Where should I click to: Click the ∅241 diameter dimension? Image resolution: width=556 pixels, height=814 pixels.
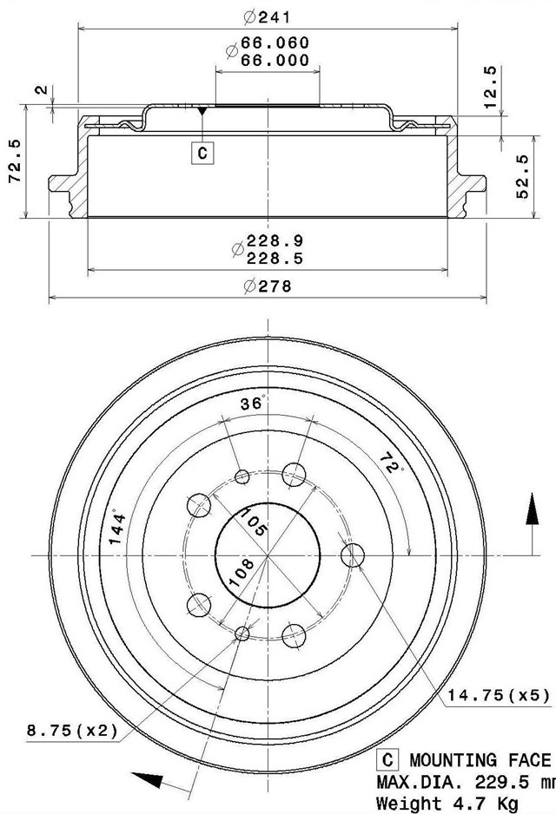click(267, 16)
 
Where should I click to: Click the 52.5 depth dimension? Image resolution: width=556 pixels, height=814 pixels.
click(522, 177)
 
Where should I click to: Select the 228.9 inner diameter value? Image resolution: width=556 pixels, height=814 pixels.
click(275, 240)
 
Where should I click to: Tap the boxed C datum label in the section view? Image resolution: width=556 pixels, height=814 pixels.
click(202, 154)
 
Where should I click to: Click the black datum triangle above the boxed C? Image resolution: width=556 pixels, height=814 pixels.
click(202, 112)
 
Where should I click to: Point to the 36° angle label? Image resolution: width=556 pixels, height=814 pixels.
click(252, 404)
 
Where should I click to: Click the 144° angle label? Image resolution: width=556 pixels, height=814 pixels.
click(118, 527)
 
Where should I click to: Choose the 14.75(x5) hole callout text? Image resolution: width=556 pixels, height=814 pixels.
click(499, 694)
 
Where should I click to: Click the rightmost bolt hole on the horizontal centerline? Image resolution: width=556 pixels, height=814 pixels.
click(353, 555)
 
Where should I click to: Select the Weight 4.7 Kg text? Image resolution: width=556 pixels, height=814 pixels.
click(435, 803)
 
